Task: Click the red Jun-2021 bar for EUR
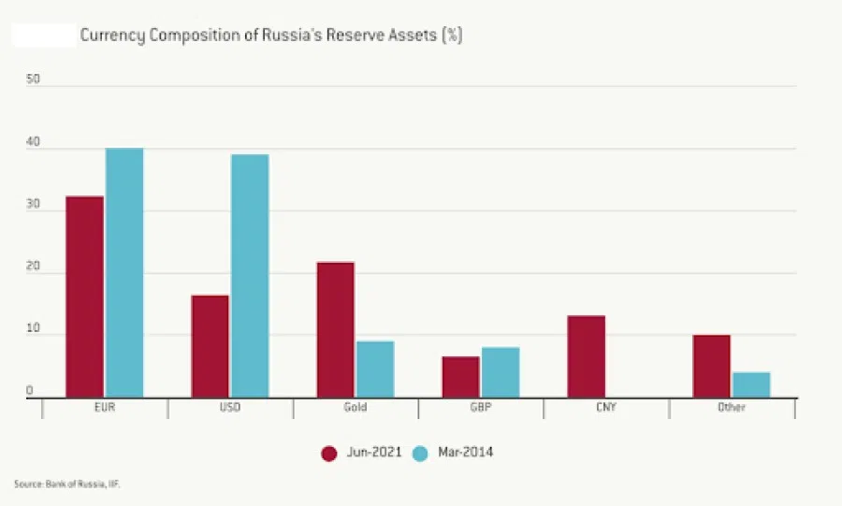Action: pos(84,296)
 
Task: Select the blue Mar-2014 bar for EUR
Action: pos(124,272)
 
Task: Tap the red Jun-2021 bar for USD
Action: pos(210,346)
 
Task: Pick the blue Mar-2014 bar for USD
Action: pos(250,276)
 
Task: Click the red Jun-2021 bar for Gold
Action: pos(335,329)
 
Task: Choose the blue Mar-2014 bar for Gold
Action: pos(375,369)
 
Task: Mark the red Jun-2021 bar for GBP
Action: pos(460,377)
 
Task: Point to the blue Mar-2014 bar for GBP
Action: pos(501,372)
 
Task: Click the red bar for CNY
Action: pos(586,356)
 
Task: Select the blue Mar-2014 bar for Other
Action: pos(751,384)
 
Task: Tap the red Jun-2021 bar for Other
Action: pos(711,366)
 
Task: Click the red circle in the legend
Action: pos(328,453)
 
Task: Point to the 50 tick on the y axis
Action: pos(34,80)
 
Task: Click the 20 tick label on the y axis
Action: pos(34,267)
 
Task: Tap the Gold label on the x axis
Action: pos(355,408)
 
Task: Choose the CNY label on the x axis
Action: pos(605,408)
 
